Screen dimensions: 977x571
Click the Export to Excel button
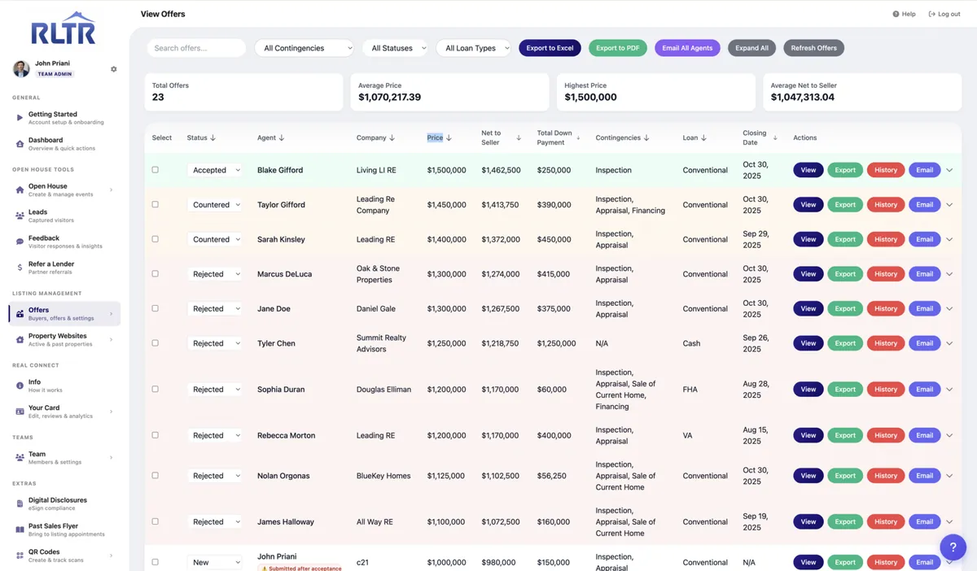(x=550, y=48)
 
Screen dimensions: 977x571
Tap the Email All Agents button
(x=687, y=48)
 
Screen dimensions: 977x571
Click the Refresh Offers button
(x=813, y=48)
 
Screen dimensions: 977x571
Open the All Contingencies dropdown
(x=304, y=48)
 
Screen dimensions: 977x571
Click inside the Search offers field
(x=196, y=48)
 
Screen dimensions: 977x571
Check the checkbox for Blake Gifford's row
(x=156, y=169)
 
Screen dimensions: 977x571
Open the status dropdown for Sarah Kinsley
(x=215, y=239)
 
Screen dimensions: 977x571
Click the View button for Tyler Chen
(x=808, y=343)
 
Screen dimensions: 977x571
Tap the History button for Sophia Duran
(x=886, y=390)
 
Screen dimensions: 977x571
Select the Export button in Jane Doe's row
(x=845, y=308)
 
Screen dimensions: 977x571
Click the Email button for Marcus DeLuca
(x=924, y=274)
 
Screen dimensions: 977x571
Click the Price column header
(x=435, y=137)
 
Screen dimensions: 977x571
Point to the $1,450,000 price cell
(x=446, y=204)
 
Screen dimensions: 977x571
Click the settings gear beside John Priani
(x=114, y=69)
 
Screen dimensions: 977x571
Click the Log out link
(x=944, y=14)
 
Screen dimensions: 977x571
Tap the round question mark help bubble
(x=953, y=547)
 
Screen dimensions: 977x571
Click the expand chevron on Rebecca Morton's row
(x=949, y=435)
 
